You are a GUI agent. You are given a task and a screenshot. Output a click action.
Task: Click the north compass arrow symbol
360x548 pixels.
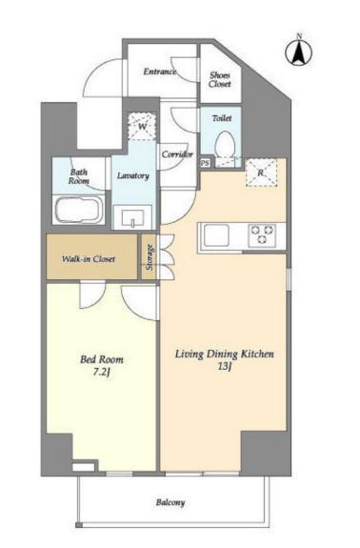click(x=299, y=52)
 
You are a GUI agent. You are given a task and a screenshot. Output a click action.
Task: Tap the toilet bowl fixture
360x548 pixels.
click(x=224, y=144)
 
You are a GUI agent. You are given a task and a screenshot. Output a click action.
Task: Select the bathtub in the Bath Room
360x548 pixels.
click(x=80, y=210)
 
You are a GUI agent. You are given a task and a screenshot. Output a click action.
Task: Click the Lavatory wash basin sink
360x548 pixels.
click(x=132, y=218)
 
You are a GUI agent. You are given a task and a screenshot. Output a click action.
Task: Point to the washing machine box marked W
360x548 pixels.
click(x=142, y=126)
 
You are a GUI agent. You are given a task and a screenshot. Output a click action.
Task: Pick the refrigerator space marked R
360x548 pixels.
click(x=262, y=173)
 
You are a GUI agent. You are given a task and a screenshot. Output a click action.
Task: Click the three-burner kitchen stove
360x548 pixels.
click(x=262, y=234)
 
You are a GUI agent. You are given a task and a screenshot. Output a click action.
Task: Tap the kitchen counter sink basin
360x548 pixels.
click(x=216, y=234)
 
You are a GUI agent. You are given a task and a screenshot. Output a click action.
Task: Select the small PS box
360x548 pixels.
click(x=206, y=163)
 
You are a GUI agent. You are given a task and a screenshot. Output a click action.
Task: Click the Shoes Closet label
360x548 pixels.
click(x=220, y=80)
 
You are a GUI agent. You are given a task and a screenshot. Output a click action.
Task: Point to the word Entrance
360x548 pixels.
click(x=160, y=71)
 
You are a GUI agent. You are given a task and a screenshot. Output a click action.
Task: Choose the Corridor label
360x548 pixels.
click(x=177, y=154)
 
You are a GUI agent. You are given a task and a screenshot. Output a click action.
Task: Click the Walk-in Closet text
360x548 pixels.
click(x=89, y=259)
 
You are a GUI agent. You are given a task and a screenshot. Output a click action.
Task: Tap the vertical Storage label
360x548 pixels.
click(x=150, y=257)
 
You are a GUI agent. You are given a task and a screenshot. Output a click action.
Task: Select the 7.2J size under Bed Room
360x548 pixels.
click(x=102, y=373)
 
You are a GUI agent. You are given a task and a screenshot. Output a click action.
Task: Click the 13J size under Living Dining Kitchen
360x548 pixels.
click(x=224, y=367)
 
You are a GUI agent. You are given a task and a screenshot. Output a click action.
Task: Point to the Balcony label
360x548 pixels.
click(x=170, y=502)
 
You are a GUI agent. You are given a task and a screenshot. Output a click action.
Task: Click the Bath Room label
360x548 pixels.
click(x=79, y=176)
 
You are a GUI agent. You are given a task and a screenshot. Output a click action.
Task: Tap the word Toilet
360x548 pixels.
click(x=222, y=118)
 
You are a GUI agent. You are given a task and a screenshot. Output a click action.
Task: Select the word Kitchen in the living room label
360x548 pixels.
click(x=256, y=354)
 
